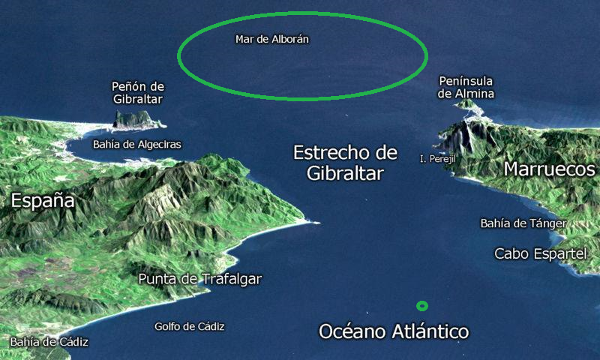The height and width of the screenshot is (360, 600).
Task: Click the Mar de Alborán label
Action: pos(272,38)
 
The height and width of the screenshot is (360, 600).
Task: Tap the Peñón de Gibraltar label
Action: pos(137,92)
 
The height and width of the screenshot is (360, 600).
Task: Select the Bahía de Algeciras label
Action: pos(136,144)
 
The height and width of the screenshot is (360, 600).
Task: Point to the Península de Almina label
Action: pos(466,86)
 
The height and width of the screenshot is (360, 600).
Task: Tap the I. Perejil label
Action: pos(438,159)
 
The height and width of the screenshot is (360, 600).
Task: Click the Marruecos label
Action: pos(549,169)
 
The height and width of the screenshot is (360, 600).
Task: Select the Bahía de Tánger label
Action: pos(523,223)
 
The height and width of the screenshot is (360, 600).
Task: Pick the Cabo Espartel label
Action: pos(540,253)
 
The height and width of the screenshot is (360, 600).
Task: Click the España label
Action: pos(43,200)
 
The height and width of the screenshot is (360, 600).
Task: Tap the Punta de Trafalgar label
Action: pos(200,279)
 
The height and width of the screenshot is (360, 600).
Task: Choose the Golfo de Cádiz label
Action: pos(189,326)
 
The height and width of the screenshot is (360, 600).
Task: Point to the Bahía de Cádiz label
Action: pos(49,342)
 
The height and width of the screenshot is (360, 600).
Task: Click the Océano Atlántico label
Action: pos(394,331)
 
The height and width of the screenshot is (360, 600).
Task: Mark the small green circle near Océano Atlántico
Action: pos(422,306)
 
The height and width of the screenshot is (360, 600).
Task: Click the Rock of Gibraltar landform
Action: pos(133,118)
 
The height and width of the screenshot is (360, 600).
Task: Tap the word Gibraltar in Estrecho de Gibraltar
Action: pos(345,174)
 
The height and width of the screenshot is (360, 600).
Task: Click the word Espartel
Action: pos(559,253)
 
